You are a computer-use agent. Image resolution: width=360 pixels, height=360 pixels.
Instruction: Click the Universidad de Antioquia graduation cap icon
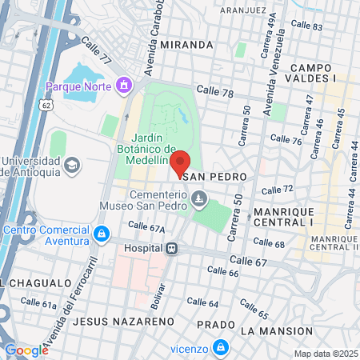(x=72, y=166)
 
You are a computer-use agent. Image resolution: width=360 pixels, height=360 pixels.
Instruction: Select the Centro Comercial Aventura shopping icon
(x=101, y=234)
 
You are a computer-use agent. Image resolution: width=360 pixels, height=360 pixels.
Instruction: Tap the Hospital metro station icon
(x=171, y=249)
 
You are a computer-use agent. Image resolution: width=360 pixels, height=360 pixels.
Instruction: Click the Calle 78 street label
(x=214, y=93)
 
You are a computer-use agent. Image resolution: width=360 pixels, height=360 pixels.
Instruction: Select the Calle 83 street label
(x=306, y=26)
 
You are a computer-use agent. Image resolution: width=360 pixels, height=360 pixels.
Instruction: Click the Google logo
(x=26, y=350)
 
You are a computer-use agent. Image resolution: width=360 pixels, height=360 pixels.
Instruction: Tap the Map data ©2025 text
(x=326, y=354)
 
